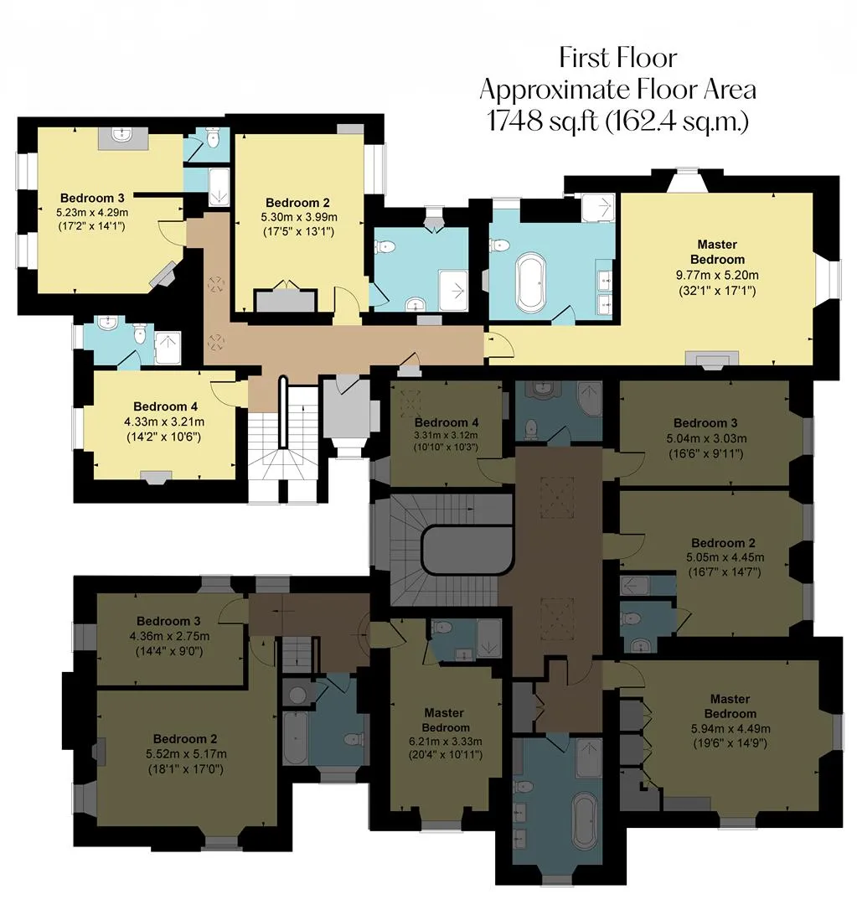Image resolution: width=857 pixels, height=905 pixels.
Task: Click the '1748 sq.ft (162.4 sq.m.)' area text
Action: (617, 122)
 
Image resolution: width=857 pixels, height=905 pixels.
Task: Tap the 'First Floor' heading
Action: (618, 58)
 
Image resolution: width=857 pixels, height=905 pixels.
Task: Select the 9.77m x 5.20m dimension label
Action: (717, 276)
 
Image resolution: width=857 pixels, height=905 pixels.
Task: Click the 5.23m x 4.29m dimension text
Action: (92, 212)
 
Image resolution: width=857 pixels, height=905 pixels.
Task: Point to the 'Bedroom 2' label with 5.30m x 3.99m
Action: (297, 203)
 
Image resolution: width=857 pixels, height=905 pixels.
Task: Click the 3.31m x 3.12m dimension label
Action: (446, 436)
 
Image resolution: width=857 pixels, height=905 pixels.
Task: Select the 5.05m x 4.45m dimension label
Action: (725, 557)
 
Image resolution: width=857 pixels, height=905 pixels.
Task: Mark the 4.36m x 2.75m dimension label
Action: (169, 636)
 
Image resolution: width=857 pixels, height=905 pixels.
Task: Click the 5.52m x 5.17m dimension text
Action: (186, 754)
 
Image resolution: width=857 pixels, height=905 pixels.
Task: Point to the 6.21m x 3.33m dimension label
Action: (446, 742)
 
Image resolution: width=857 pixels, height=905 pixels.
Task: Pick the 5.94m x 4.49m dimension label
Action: (731, 728)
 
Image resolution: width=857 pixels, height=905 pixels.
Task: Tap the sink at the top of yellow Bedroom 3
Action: (121, 137)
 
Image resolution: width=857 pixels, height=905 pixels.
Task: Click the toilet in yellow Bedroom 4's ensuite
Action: (139, 333)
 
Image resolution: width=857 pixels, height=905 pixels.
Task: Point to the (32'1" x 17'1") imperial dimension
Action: (717, 291)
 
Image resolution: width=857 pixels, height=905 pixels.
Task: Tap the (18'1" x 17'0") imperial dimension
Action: (186, 769)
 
